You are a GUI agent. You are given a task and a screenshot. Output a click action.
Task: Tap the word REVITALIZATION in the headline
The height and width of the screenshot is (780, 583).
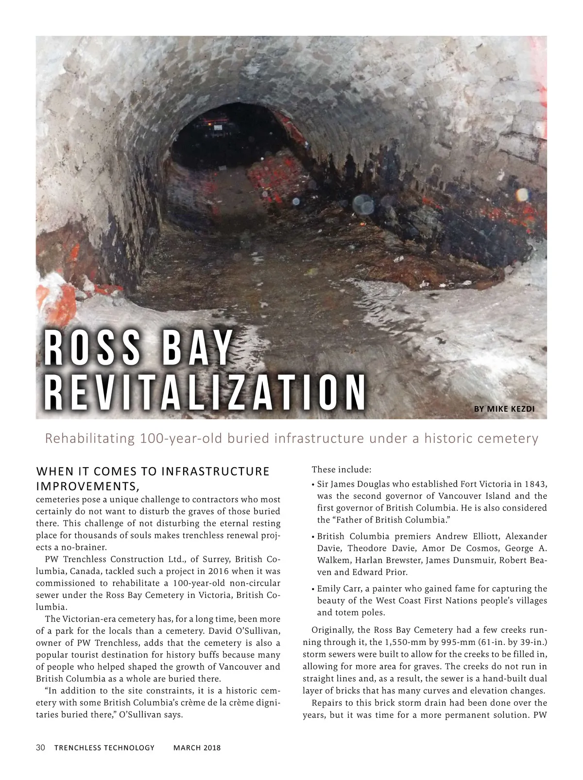[204, 392]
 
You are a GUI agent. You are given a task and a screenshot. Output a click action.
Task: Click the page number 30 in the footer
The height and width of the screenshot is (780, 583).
[40, 747]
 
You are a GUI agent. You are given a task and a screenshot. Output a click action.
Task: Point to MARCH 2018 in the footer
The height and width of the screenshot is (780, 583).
[197, 748]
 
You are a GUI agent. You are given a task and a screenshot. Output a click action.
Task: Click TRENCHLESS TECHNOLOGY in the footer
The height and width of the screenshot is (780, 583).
[104, 748]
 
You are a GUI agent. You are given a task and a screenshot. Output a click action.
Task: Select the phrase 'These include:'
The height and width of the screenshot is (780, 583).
[342, 470]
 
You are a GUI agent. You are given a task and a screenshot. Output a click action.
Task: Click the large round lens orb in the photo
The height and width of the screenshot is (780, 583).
[362, 204]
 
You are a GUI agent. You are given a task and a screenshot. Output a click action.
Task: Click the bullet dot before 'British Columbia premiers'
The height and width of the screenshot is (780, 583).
[312, 537]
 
